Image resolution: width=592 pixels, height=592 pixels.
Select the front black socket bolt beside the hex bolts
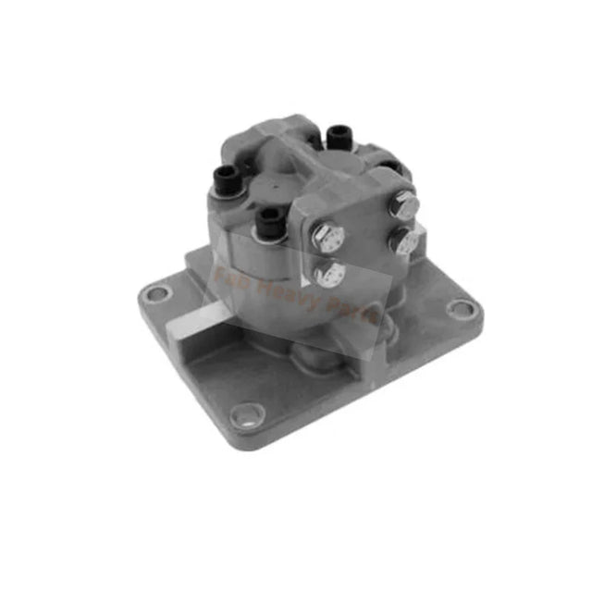click(x=269, y=219)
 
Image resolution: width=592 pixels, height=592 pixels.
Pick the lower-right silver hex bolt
click(x=404, y=241)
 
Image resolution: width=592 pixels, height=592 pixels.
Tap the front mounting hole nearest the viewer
click(x=247, y=415)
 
